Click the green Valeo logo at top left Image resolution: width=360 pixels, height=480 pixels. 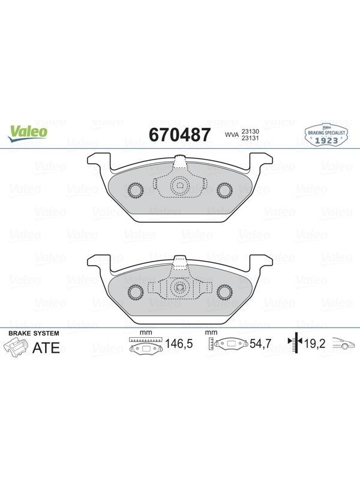28,134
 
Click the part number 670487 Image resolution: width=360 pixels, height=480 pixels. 179,134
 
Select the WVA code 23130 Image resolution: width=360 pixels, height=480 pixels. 250,131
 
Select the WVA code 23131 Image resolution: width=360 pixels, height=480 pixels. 250,138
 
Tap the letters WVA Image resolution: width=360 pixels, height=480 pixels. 232,134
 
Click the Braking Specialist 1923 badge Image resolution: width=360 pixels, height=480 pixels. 326,135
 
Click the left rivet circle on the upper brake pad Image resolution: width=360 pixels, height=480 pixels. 135,190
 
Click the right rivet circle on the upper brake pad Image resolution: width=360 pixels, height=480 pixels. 224,190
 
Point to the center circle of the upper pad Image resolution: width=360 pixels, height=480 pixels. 179,185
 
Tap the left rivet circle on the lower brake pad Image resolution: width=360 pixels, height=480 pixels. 135,292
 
